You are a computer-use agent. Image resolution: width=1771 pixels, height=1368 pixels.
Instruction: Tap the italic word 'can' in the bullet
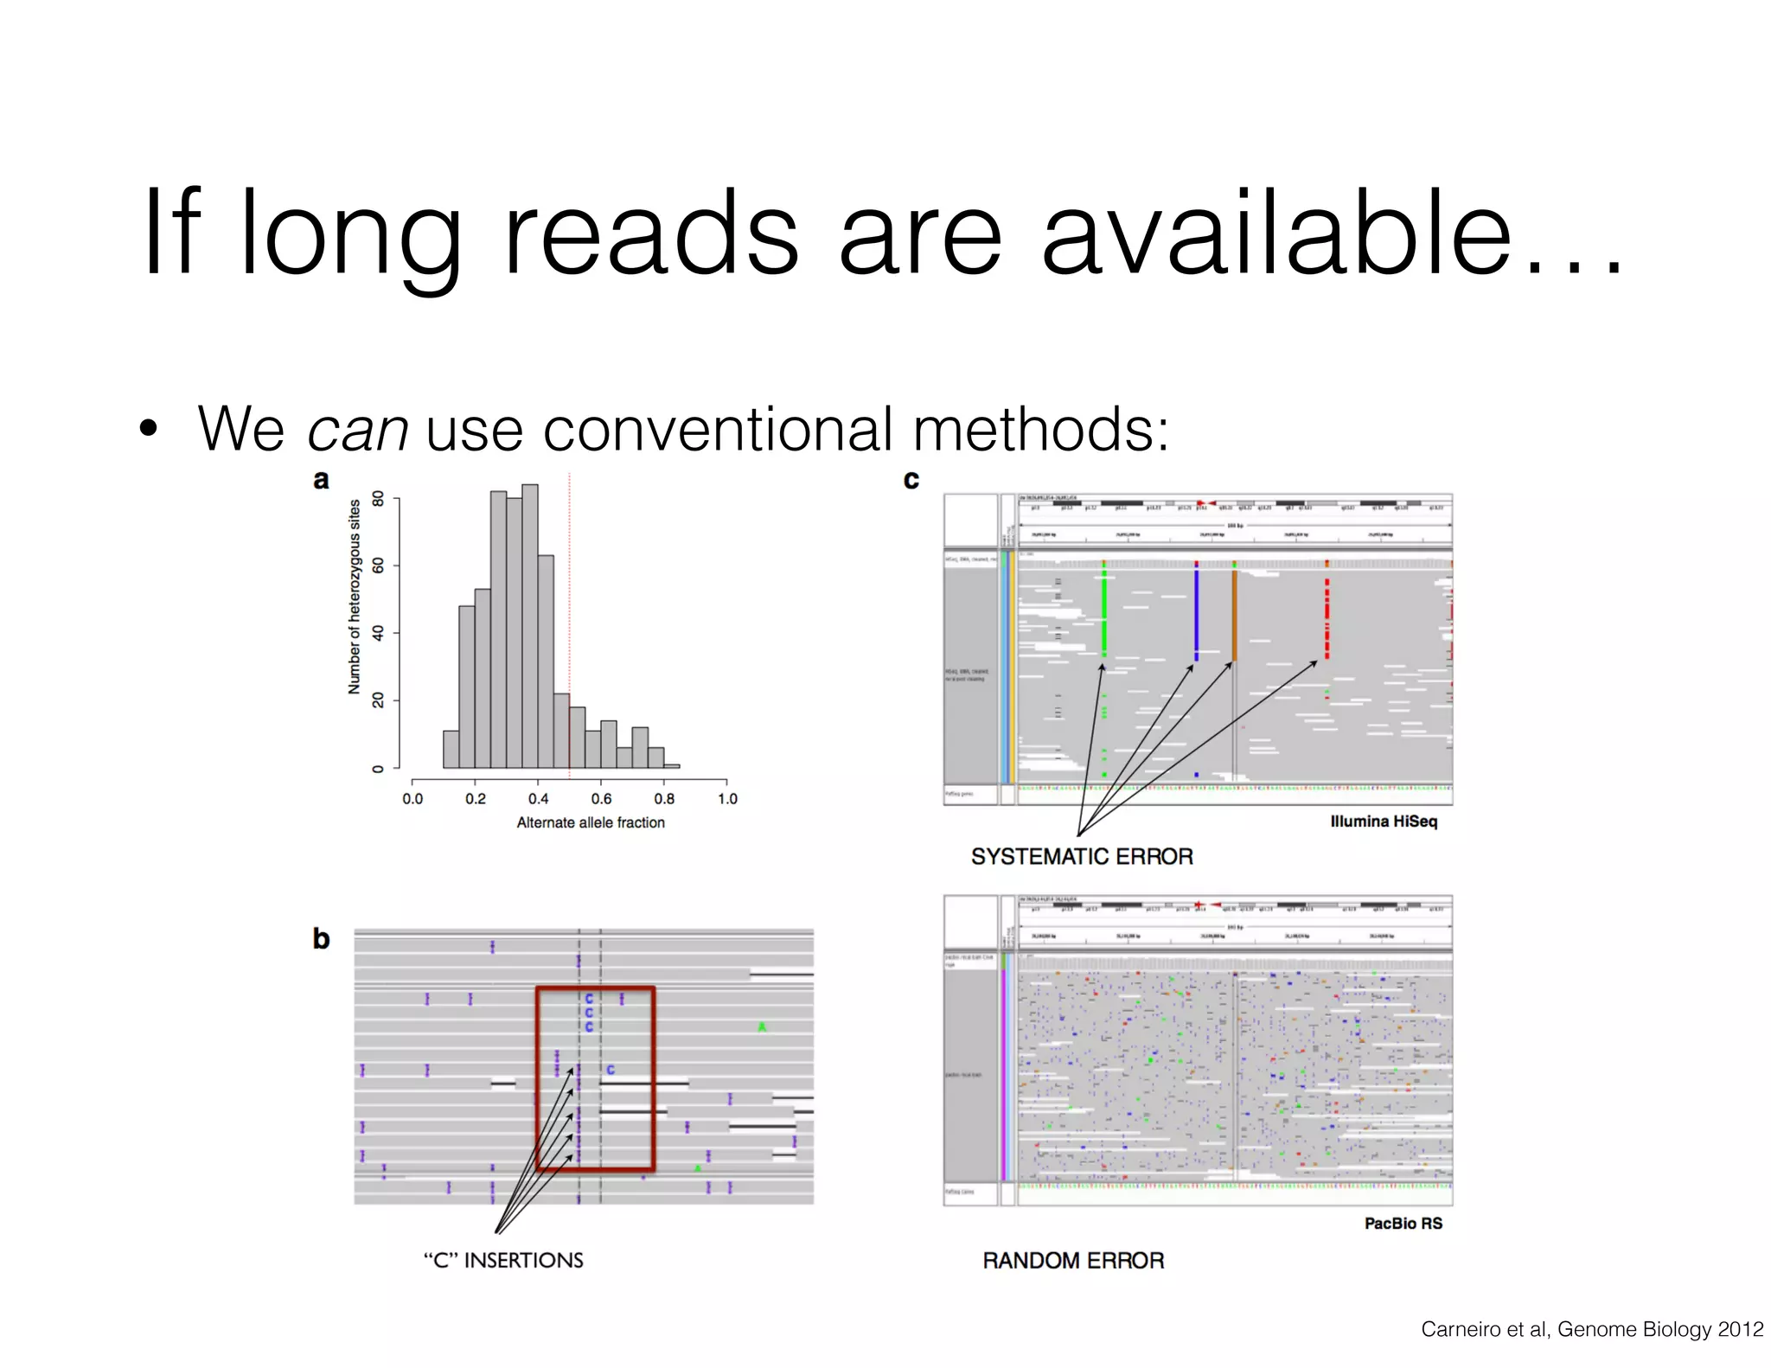pos(357,429)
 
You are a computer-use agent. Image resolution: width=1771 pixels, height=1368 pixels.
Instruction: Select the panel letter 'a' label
pos(321,480)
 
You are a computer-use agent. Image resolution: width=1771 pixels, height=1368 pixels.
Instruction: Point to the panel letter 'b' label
pos(321,939)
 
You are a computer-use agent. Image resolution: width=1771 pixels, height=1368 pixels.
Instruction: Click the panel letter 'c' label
pos(911,480)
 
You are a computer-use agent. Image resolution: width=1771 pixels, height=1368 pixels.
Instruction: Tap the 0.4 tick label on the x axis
pos(538,799)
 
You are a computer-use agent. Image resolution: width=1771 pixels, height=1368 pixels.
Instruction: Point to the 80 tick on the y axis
pos(378,499)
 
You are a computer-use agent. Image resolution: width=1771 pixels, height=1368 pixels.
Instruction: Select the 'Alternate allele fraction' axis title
pos(591,823)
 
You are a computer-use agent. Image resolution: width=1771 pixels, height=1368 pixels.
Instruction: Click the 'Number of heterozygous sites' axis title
pos(355,597)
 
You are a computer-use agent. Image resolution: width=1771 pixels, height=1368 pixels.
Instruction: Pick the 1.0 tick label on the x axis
pos(727,799)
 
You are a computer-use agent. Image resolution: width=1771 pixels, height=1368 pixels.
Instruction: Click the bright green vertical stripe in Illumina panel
pos(1104,610)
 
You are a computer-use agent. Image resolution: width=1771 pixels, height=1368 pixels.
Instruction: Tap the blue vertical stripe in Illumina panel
pos(1196,610)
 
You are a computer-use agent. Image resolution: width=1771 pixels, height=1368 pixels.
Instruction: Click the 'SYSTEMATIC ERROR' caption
pos(1082,857)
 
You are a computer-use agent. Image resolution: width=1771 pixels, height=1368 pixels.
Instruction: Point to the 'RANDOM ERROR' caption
pos(1073,1261)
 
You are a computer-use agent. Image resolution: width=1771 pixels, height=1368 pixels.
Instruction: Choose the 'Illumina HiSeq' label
pos(1384,821)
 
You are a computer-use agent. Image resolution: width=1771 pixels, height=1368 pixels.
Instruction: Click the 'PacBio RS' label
pos(1403,1224)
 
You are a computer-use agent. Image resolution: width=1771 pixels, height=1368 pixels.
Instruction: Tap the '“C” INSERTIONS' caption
pos(503,1261)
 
